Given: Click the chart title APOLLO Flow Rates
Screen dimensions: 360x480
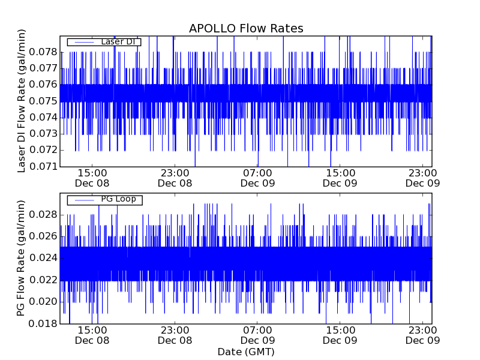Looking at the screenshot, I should (x=246, y=29).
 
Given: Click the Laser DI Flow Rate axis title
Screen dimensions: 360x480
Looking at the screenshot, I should (x=22, y=101).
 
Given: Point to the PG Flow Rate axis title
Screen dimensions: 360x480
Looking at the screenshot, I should (x=22, y=259).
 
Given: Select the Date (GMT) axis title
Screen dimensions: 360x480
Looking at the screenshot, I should (x=246, y=352).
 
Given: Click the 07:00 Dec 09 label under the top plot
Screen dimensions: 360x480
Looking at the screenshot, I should (x=257, y=178).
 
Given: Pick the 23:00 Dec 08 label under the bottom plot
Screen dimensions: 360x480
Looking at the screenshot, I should (x=175, y=335).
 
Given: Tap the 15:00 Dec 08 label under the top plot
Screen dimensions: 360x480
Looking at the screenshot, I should (x=92, y=178).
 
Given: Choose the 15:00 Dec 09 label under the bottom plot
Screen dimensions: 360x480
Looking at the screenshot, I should (x=340, y=335).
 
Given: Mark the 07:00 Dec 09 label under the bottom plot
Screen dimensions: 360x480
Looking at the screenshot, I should (x=257, y=335).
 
